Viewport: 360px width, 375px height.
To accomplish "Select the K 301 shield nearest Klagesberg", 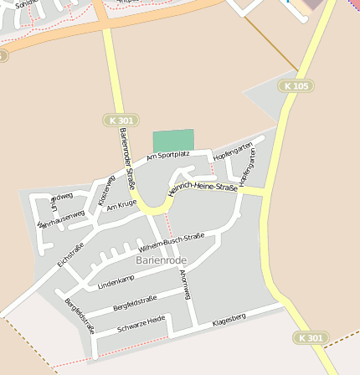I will tap(310, 337).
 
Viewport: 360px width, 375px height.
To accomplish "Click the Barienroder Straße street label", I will tap(127, 159).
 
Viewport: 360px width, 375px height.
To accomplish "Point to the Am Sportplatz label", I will tap(168, 155).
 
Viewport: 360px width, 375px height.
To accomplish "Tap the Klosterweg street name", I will tap(106, 190).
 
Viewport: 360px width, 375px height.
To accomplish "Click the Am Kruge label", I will tap(121, 204).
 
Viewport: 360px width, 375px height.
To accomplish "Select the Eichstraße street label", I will tap(71, 254).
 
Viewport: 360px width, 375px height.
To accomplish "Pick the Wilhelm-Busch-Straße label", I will tap(172, 243).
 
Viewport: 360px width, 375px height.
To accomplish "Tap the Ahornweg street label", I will tap(186, 285).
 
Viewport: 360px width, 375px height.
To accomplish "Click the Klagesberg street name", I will tap(229, 319).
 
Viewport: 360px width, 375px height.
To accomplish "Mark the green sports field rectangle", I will tap(173, 141).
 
